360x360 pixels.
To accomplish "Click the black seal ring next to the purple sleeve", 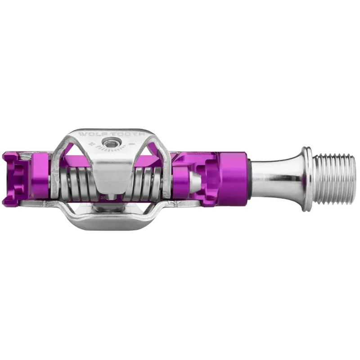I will (249, 173).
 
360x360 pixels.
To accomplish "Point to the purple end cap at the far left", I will (13, 179).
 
